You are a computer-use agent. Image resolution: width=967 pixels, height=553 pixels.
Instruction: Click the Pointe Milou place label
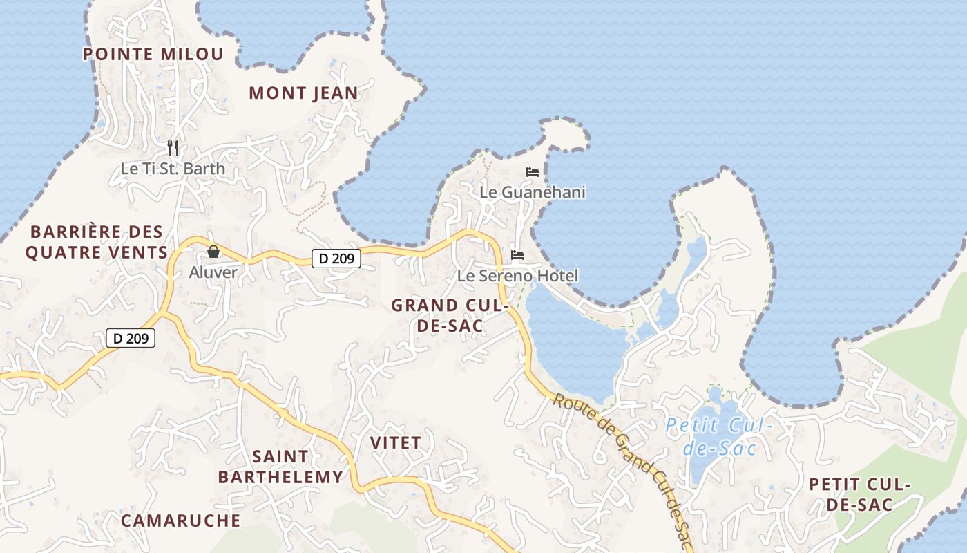(x=153, y=54)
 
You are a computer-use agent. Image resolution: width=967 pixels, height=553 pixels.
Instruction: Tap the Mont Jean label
(x=304, y=93)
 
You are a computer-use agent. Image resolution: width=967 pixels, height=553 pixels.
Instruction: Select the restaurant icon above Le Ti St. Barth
(x=173, y=147)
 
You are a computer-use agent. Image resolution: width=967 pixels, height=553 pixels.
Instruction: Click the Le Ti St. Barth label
(x=173, y=168)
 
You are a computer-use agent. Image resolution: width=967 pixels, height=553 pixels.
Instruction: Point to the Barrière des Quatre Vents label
(x=97, y=242)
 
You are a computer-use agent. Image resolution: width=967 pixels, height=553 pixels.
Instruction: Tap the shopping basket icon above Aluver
(x=213, y=252)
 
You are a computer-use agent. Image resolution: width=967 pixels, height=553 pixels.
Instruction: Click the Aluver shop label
(x=213, y=272)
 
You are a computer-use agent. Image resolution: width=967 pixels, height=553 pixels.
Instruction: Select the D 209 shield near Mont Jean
(x=336, y=259)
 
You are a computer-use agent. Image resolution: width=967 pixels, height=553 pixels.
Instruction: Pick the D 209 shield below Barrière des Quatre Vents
(x=131, y=338)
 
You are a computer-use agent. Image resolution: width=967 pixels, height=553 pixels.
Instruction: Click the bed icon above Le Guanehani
(x=533, y=171)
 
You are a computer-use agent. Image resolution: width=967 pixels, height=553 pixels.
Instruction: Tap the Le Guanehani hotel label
(x=533, y=191)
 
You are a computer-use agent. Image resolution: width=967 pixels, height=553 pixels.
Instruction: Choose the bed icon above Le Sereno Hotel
(x=517, y=255)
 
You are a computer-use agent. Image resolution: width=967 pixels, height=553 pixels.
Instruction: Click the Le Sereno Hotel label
(x=517, y=276)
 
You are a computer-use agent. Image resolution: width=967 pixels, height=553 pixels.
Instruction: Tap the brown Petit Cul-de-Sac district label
(x=860, y=494)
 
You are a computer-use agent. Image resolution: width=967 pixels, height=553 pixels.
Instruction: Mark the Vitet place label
(x=396, y=442)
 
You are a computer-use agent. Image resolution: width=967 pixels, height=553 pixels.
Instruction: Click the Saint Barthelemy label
(x=280, y=467)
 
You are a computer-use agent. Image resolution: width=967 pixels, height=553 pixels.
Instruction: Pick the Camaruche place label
(x=181, y=521)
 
